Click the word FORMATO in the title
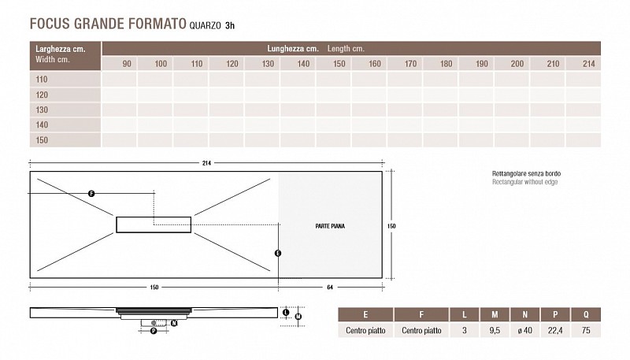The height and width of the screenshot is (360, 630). point(157,24)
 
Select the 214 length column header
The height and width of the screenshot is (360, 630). point(588,64)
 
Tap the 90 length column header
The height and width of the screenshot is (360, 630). point(127,64)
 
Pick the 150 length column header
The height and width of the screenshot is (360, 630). point(339,64)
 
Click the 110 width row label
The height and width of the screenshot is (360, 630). point(42,79)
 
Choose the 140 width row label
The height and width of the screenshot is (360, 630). point(42,124)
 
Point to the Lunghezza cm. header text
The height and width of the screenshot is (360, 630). point(293,49)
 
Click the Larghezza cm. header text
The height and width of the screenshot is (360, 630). point(61,49)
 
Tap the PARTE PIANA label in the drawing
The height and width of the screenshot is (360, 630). point(330,226)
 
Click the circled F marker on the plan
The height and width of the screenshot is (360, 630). point(91,194)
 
